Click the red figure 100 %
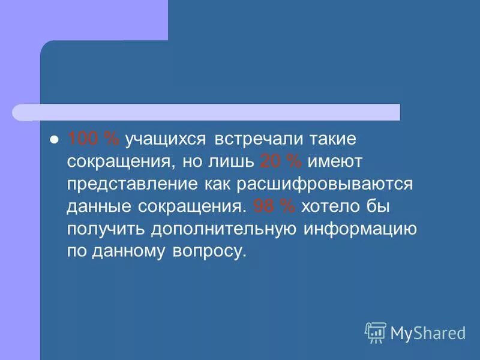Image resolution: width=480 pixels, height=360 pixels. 94,139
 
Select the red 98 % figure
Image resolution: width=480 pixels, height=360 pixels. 274,206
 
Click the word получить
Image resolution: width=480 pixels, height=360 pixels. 106,229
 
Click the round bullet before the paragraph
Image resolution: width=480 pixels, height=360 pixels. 53,139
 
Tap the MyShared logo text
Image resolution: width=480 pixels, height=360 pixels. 428,332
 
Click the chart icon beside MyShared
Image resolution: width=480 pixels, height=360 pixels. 376,332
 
